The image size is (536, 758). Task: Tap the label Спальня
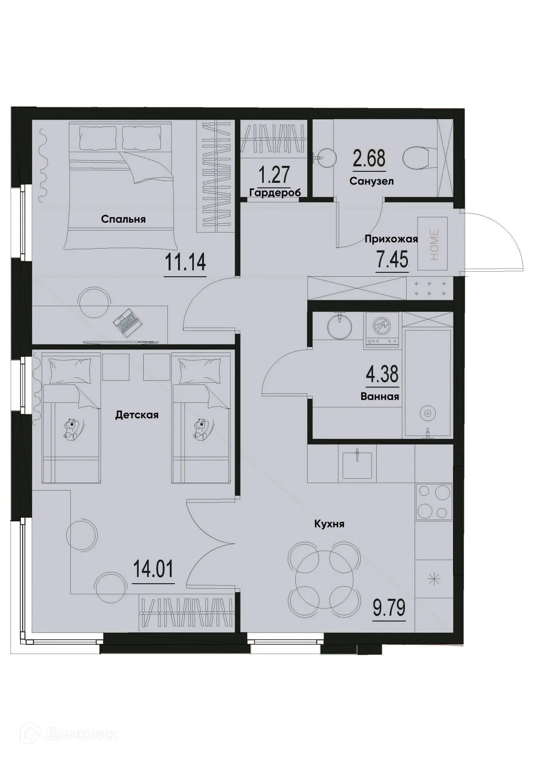click(x=123, y=219)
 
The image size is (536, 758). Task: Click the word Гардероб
click(x=275, y=193)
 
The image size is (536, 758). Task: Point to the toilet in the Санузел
click(x=416, y=159)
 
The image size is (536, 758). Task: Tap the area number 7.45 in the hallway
click(x=392, y=260)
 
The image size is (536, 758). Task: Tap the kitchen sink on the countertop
click(x=356, y=465)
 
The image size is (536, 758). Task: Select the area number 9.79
click(x=389, y=608)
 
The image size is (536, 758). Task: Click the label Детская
click(x=137, y=415)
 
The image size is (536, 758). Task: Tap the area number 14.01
click(x=153, y=570)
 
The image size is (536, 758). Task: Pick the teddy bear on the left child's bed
click(x=71, y=430)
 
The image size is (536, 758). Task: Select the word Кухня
click(x=329, y=524)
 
